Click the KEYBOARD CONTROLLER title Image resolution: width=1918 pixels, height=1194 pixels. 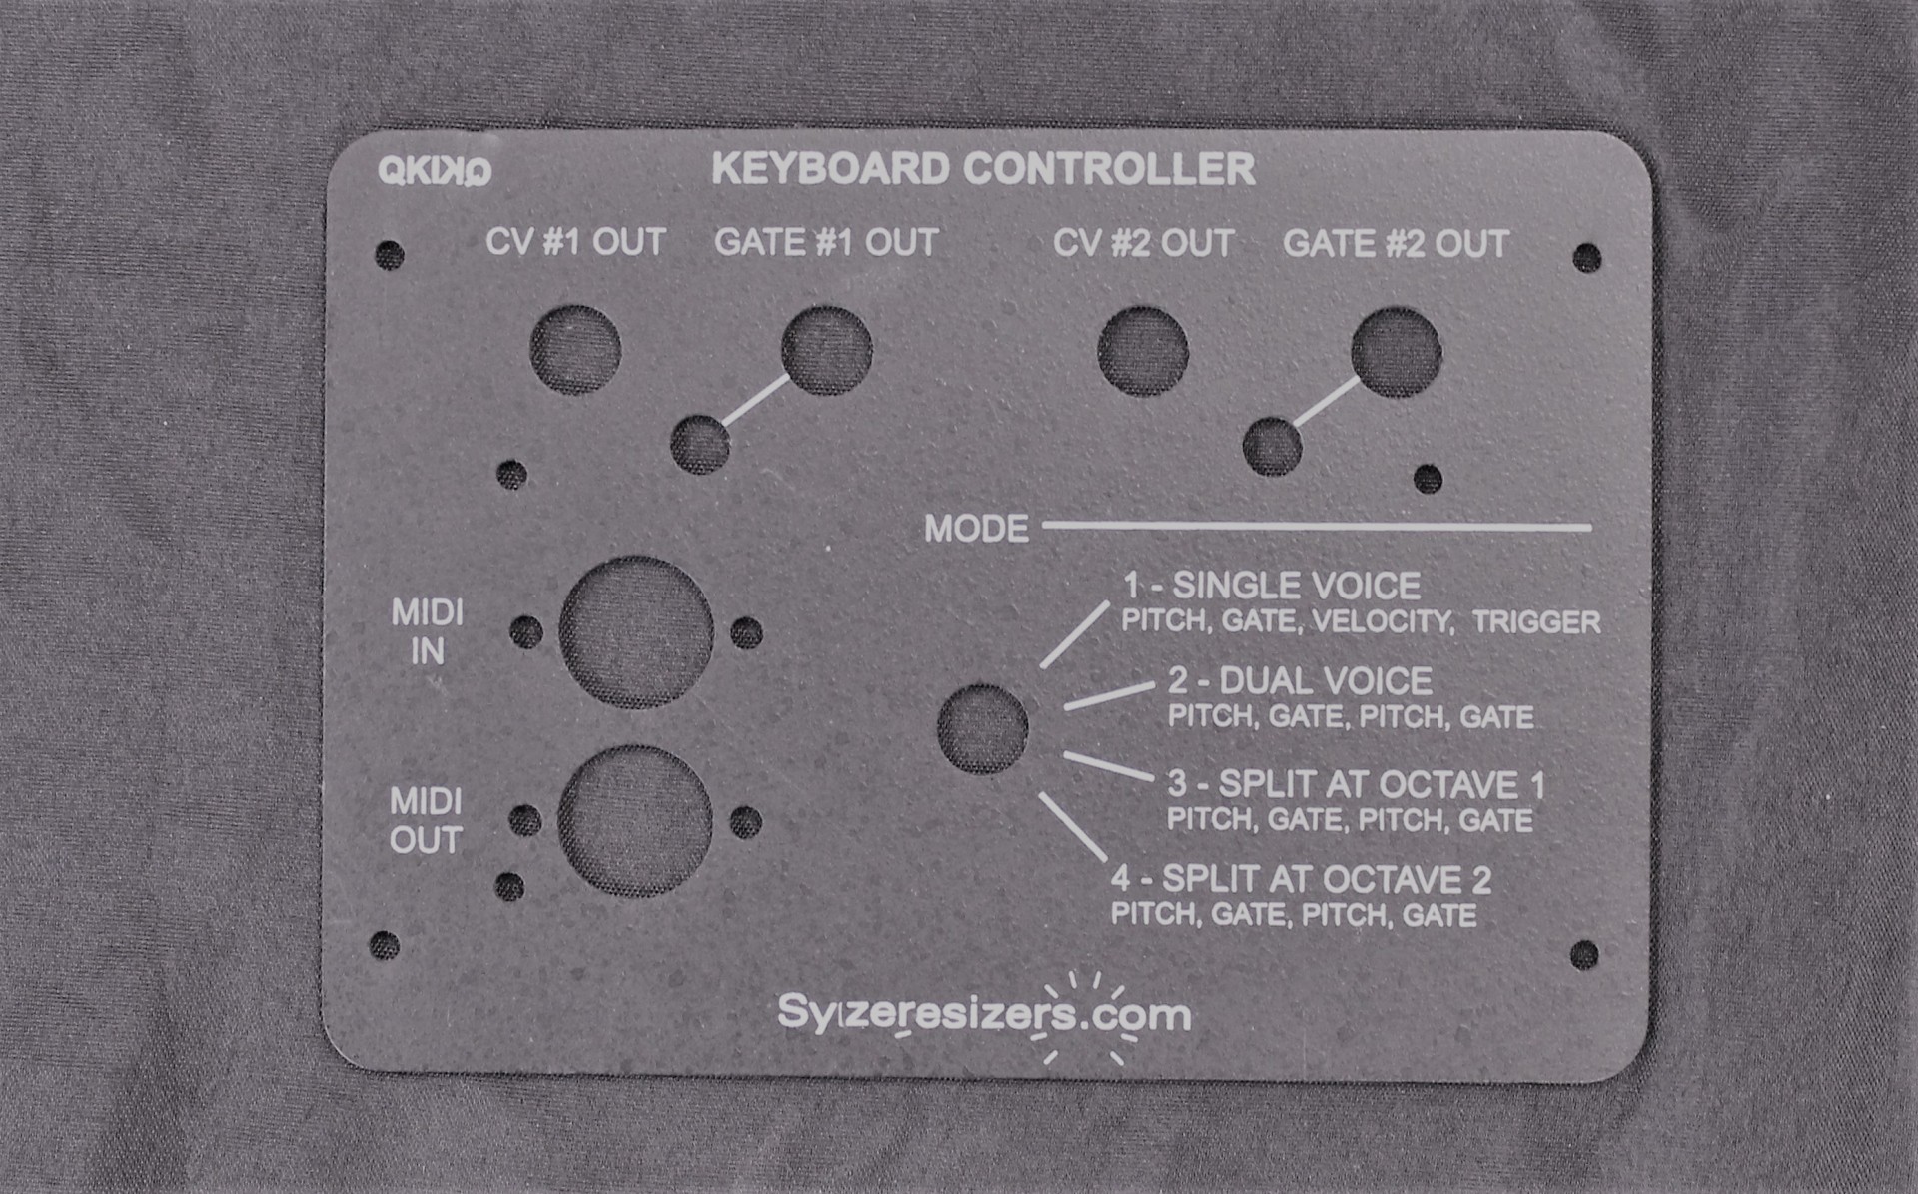[x=983, y=169]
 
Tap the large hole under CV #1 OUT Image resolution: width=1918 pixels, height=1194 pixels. [x=575, y=350]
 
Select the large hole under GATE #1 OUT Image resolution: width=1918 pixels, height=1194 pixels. [x=827, y=350]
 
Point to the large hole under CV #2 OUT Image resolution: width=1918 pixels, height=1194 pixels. [x=1143, y=351]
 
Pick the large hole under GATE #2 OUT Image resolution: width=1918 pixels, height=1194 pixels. [x=1397, y=353]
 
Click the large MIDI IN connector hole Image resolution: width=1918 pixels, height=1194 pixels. [x=636, y=632]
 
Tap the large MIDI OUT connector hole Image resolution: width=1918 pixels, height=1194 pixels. [x=635, y=821]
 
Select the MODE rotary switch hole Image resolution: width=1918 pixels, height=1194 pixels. [x=983, y=728]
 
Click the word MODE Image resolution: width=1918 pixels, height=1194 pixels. [x=976, y=529]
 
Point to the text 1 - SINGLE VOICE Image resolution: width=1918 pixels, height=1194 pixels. [x=1271, y=586]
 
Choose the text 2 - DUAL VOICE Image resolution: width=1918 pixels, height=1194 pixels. [x=1300, y=681]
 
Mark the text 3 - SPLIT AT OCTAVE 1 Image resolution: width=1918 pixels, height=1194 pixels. [x=1356, y=784]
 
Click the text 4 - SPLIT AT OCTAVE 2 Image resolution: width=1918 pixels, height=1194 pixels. [x=1301, y=879]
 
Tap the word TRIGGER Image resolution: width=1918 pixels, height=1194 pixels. [x=1536, y=622]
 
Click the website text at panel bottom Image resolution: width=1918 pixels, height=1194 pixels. [x=984, y=1014]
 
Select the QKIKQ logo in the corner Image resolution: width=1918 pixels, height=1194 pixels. [x=435, y=171]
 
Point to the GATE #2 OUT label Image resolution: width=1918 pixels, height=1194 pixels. [x=1396, y=244]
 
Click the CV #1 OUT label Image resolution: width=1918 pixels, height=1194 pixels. [x=575, y=242]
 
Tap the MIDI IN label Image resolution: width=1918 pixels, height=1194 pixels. [x=427, y=631]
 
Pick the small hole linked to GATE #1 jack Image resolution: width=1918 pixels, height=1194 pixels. [x=700, y=445]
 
